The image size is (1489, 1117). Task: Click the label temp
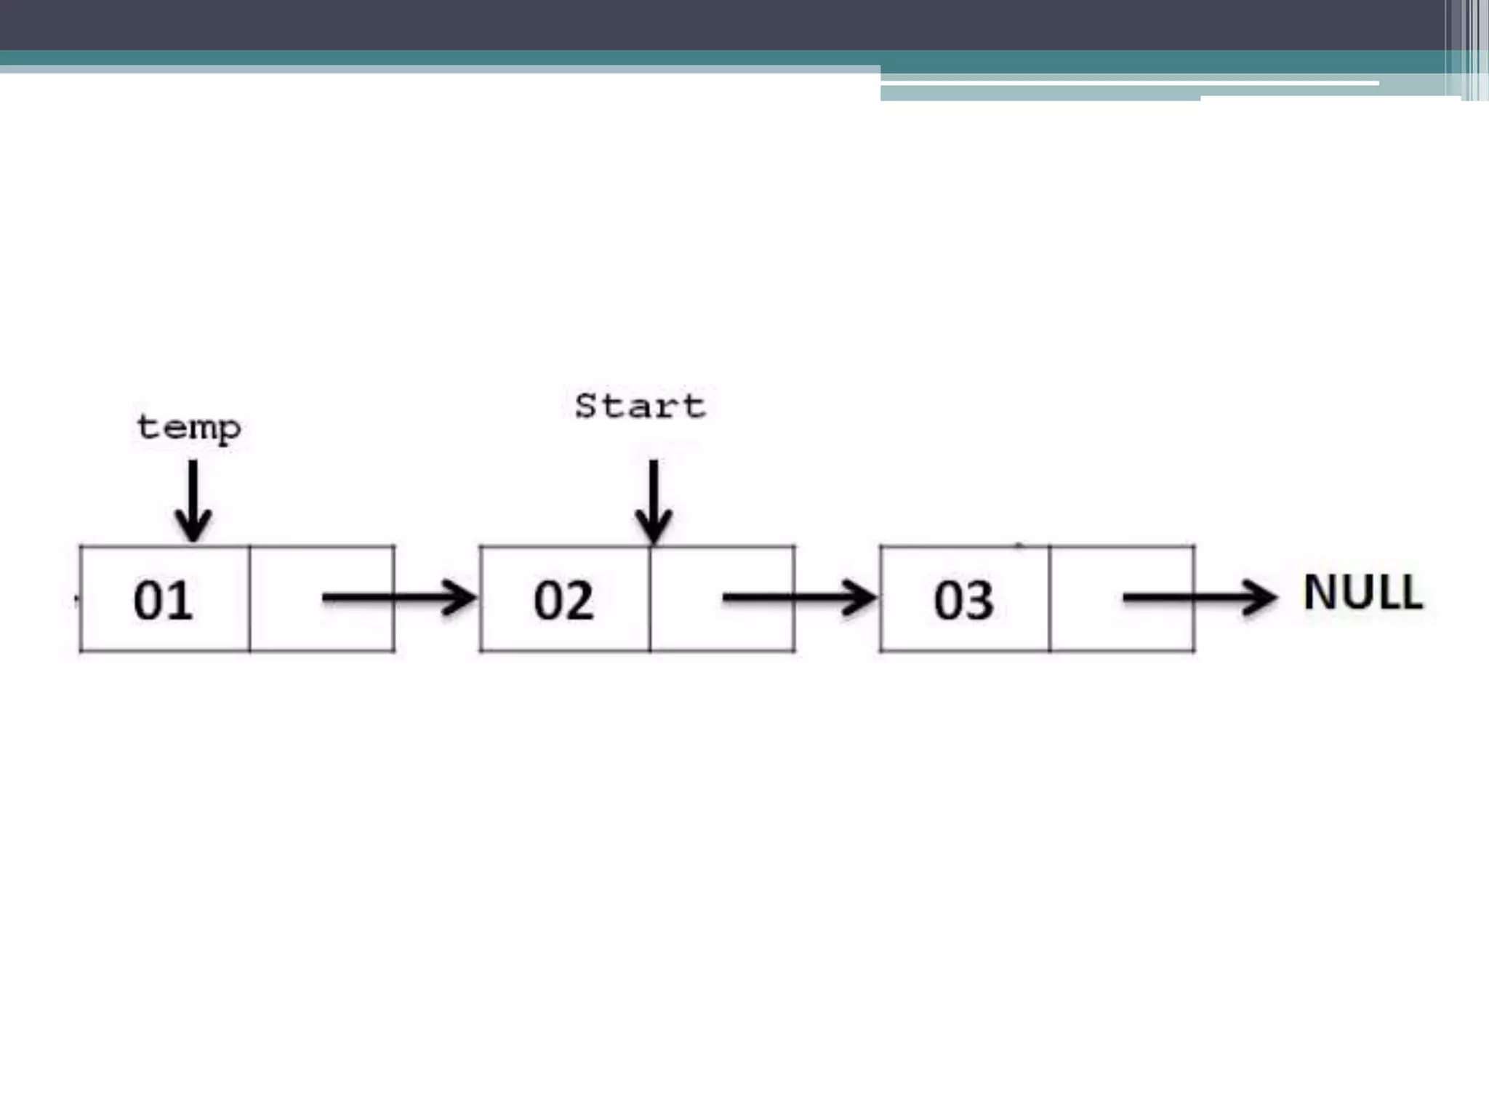[188, 428]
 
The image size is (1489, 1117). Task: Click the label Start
[640, 406]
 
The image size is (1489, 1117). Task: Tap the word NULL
[1363, 593]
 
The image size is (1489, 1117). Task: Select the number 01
[164, 601]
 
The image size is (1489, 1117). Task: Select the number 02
[563, 601]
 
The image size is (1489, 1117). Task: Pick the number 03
[964, 601]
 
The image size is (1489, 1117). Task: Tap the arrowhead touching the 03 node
[861, 598]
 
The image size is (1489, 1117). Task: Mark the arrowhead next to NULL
[1261, 598]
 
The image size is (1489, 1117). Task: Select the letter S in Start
[586, 406]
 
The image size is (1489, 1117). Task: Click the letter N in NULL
[1319, 593]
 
